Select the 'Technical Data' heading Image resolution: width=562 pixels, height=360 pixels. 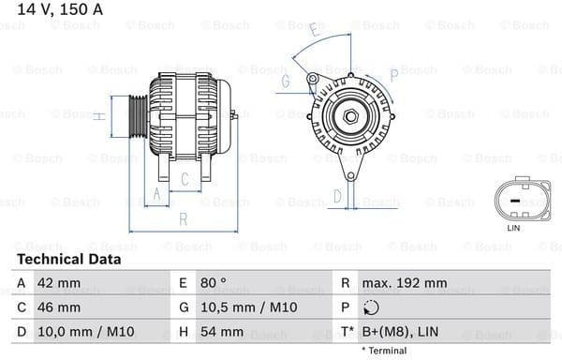[x=68, y=259]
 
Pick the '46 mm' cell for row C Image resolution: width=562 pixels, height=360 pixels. [x=58, y=307]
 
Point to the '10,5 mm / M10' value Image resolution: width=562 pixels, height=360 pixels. [x=239, y=307]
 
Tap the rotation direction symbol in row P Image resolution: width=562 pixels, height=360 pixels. [x=372, y=307]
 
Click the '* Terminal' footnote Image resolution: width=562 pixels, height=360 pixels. [x=384, y=351]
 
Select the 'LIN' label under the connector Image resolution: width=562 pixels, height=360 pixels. [x=512, y=228]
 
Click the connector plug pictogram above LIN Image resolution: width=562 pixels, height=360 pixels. [x=512, y=200]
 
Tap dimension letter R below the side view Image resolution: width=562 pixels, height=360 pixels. [x=184, y=219]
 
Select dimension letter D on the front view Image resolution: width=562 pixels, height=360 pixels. [x=338, y=196]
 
